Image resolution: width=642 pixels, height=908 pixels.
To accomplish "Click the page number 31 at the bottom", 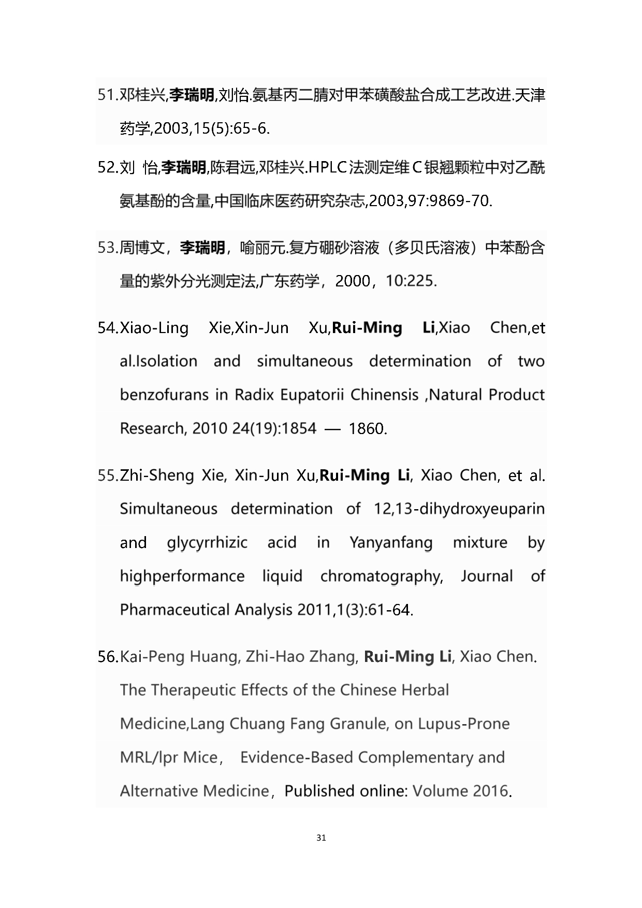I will coord(321,838).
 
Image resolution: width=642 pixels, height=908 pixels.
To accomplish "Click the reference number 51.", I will coord(107,95).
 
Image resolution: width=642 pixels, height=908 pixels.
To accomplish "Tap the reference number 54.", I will coord(108,328).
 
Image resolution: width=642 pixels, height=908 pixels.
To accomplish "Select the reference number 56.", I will coord(108,657).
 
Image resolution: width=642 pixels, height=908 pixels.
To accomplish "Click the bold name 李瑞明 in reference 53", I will coord(202,248).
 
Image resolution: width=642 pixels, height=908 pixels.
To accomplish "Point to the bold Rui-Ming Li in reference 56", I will coord(407,657).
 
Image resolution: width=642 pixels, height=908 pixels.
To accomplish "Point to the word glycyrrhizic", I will coord(207,543).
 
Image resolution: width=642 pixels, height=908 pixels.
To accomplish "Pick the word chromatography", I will coord(381,576).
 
